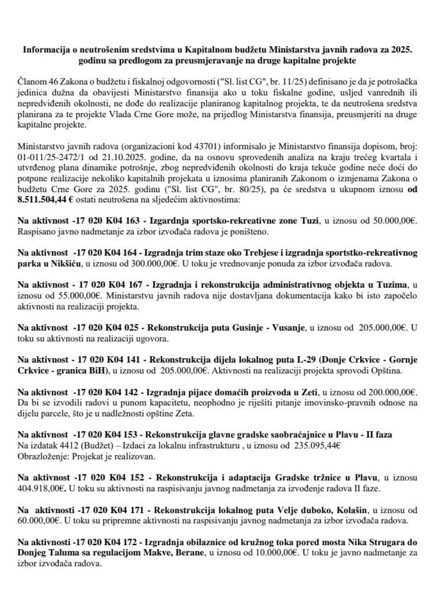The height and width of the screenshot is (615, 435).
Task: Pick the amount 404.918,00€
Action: pyautogui.click(x=42, y=488)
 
